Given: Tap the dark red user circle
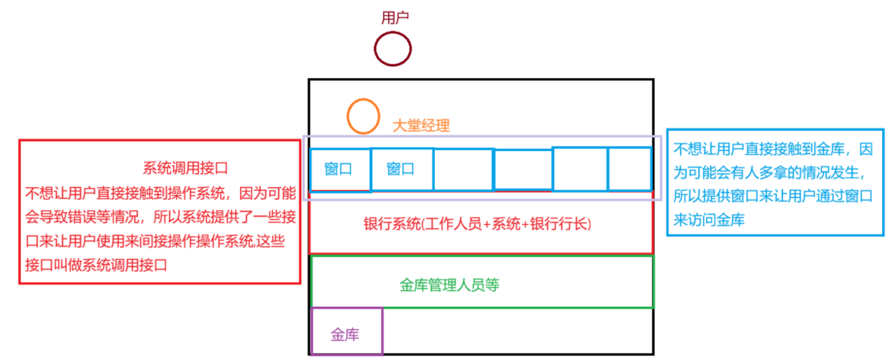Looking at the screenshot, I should (x=393, y=50).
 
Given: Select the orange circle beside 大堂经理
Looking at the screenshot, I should (x=363, y=116).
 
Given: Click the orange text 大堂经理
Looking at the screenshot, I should (x=421, y=126).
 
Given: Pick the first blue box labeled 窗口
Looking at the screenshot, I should (x=339, y=170).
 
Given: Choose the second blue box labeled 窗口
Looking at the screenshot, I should (x=401, y=170).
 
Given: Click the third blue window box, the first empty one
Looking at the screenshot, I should (x=463, y=170).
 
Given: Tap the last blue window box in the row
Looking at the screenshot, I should (x=630, y=170).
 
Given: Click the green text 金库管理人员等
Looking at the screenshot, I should (x=449, y=285).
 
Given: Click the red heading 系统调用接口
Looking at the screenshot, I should (x=185, y=169).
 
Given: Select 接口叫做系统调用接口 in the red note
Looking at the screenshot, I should (x=96, y=265).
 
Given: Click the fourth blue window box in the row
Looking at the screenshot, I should (x=523, y=170).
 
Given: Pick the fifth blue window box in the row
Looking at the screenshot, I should (x=579, y=170).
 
